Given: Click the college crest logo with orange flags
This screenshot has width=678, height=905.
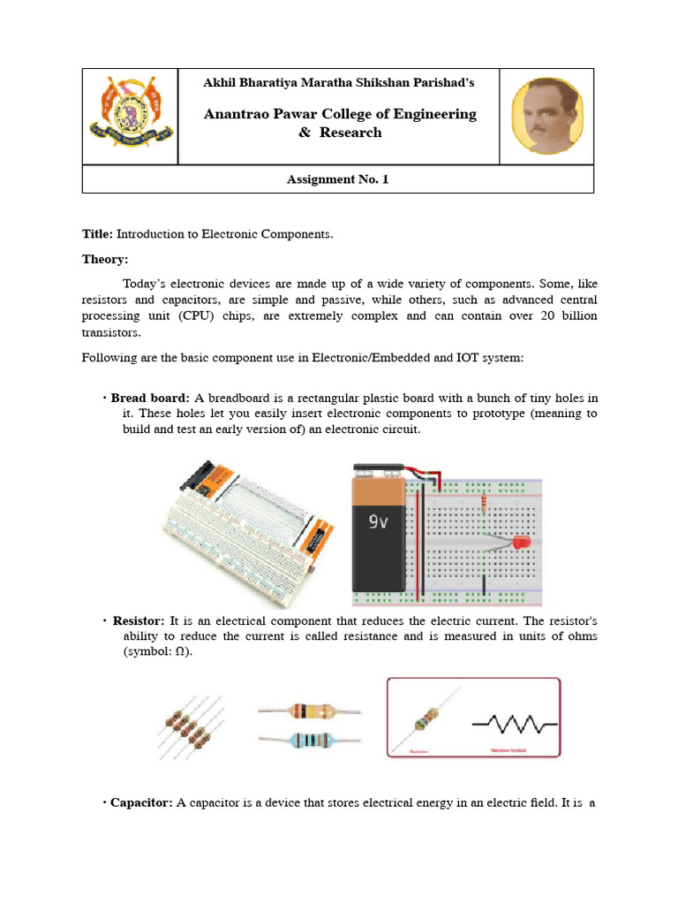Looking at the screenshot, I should pyautogui.click(x=131, y=116).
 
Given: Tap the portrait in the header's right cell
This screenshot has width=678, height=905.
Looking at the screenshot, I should pyautogui.click(x=547, y=116).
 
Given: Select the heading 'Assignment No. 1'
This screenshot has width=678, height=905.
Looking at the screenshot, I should pyautogui.click(x=337, y=179).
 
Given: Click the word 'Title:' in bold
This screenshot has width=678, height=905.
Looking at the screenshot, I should pyautogui.click(x=97, y=234).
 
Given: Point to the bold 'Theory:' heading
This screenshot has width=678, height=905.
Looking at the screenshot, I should pyautogui.click(x=105, y=259).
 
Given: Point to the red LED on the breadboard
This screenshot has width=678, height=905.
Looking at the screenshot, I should pyautogui.click(x=521, y=541).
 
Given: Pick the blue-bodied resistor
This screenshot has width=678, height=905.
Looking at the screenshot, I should pyautogui.click(x=309, y=739).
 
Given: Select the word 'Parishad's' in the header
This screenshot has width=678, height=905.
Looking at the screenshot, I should pyautogui.click(x=444, y=82).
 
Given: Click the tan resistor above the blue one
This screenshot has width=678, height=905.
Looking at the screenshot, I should pyautogui.click(x=309, y=710).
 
